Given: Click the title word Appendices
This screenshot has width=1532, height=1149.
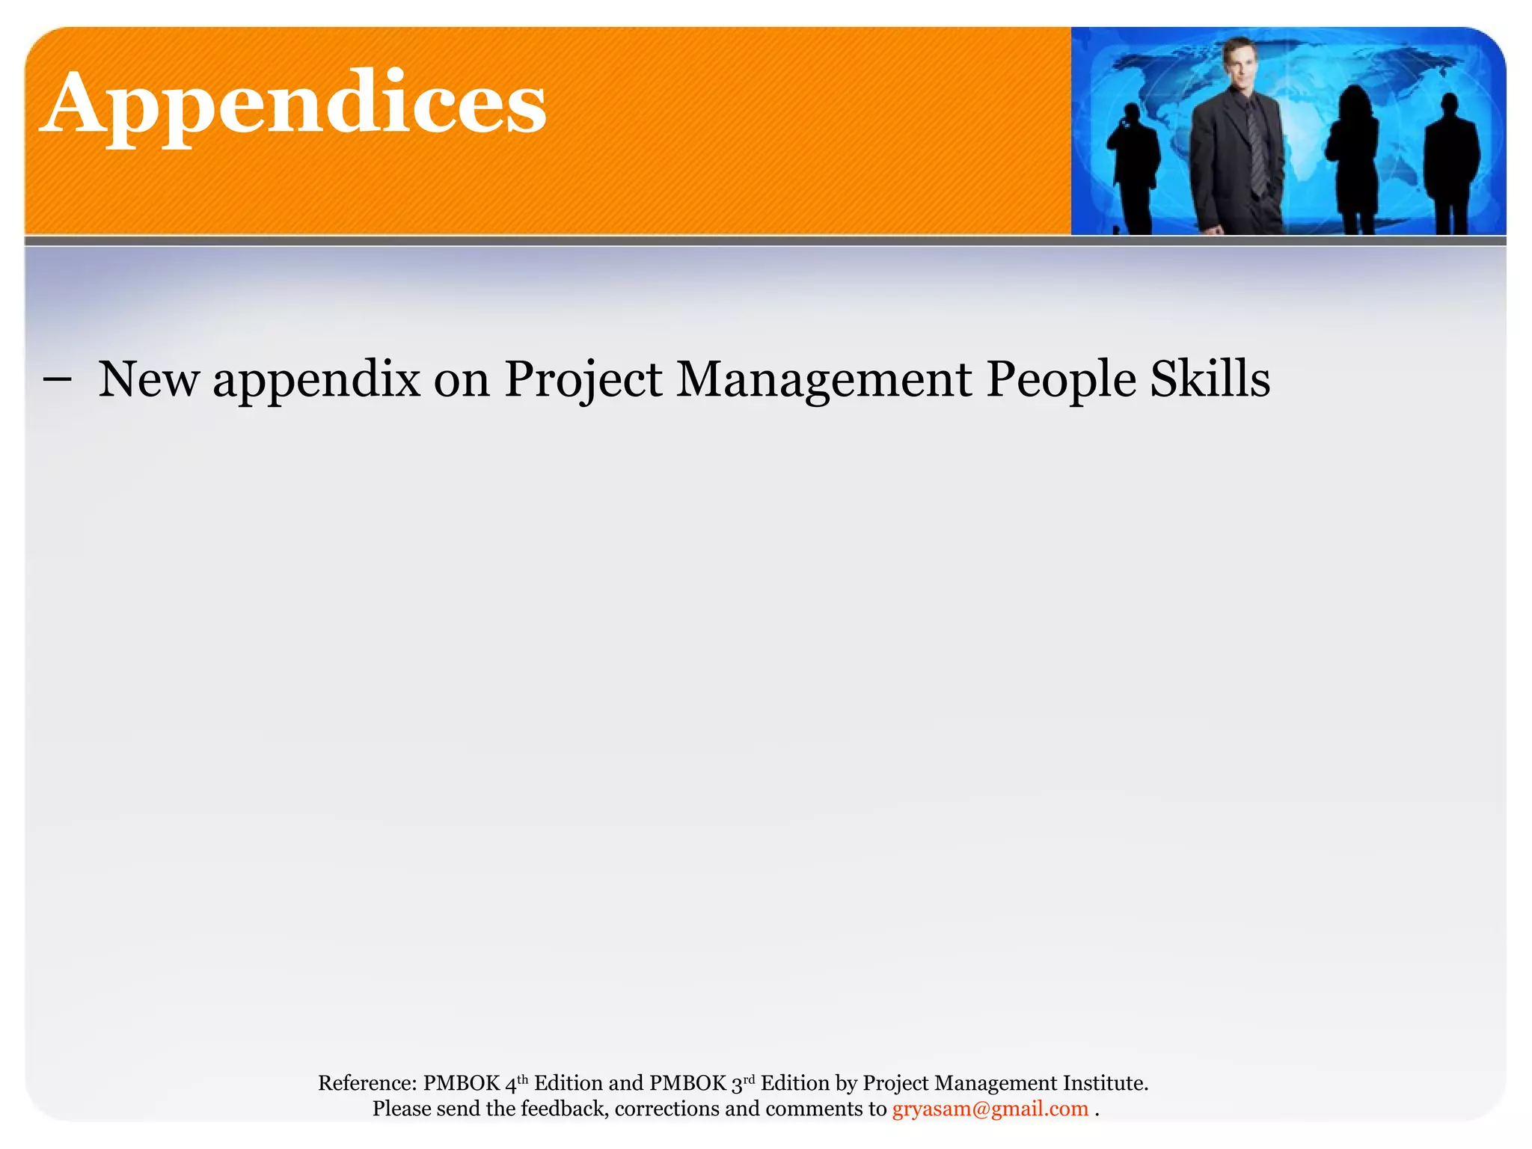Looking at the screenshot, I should [293, 105].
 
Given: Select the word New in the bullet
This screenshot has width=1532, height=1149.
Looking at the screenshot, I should [149, 379].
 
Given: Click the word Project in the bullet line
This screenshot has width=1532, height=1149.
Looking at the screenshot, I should [583, 379].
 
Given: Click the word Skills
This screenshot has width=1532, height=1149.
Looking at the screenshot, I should [1210, 379].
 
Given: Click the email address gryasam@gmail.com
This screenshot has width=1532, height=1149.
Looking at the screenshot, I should [990, 1109].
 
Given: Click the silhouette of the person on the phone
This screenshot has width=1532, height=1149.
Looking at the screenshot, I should [1133, 168].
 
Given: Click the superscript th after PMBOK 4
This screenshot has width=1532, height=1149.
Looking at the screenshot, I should [522, 1078].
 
